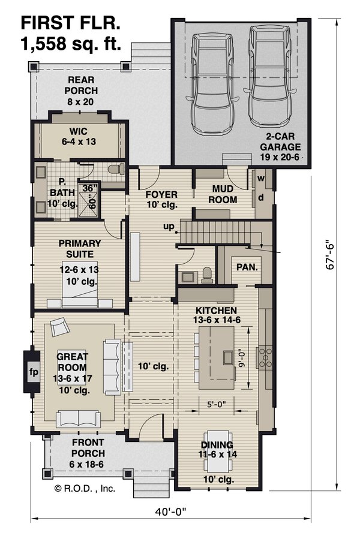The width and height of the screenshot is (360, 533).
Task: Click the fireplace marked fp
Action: pos(33,372)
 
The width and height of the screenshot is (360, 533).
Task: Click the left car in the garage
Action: pos(211,85)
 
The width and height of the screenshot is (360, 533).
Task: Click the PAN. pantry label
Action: pos(247,267)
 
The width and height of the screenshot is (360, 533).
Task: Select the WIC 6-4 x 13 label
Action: pos(79,136)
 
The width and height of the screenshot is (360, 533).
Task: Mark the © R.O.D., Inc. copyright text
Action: pos(85,488)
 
